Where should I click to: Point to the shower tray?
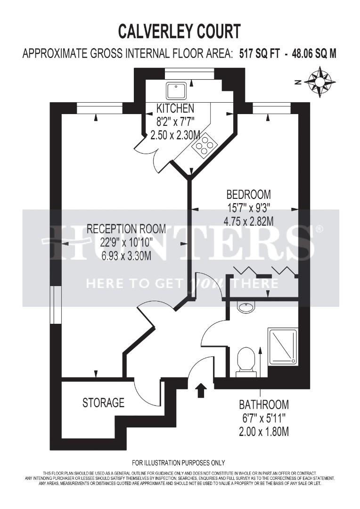click(283, 345)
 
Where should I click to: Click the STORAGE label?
click(103, 402)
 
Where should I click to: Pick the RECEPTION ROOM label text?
click(126, 229)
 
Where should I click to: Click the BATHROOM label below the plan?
click(263, 404)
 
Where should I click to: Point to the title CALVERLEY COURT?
click(179, 32)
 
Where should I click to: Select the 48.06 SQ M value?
click(314, 54)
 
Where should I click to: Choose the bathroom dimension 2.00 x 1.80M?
click(263, 431)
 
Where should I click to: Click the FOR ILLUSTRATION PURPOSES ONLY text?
click(179, 462)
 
